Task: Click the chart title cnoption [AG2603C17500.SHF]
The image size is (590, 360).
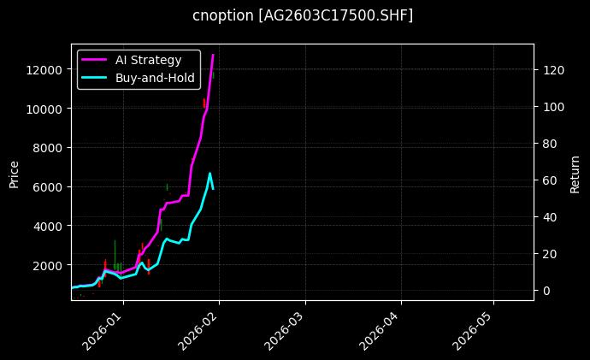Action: point(303,15)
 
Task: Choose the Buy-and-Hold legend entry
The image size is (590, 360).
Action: point(155,78)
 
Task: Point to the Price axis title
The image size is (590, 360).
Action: point(14,172)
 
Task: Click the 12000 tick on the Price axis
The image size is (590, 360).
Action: point(48,69)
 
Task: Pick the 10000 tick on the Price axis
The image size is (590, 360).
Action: point(48,109)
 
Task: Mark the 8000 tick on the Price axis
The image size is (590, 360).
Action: point(50,147)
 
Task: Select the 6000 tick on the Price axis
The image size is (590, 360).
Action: point(50,186)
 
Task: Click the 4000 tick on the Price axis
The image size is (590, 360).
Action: point(50,226)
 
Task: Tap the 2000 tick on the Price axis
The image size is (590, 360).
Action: point(50,265)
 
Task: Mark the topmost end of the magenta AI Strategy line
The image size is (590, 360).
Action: point(213,55)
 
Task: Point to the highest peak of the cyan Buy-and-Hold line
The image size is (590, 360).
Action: point(209,173)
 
